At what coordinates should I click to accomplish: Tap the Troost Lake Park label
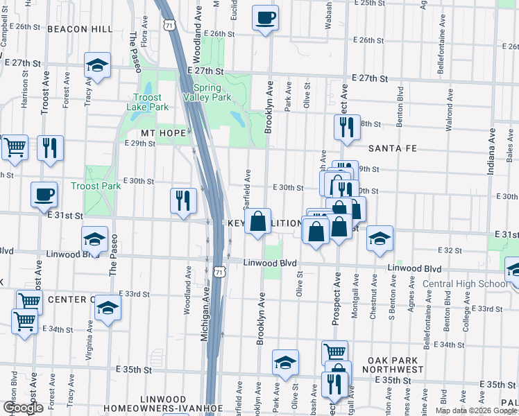click(x=148, y=103)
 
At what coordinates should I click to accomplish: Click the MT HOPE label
click(x=163, y=132)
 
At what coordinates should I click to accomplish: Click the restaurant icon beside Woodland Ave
click(x=183, y=201)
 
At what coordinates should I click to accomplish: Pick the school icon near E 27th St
click(x=98, y=67)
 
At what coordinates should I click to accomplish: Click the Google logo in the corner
click(x=23, y=407)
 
